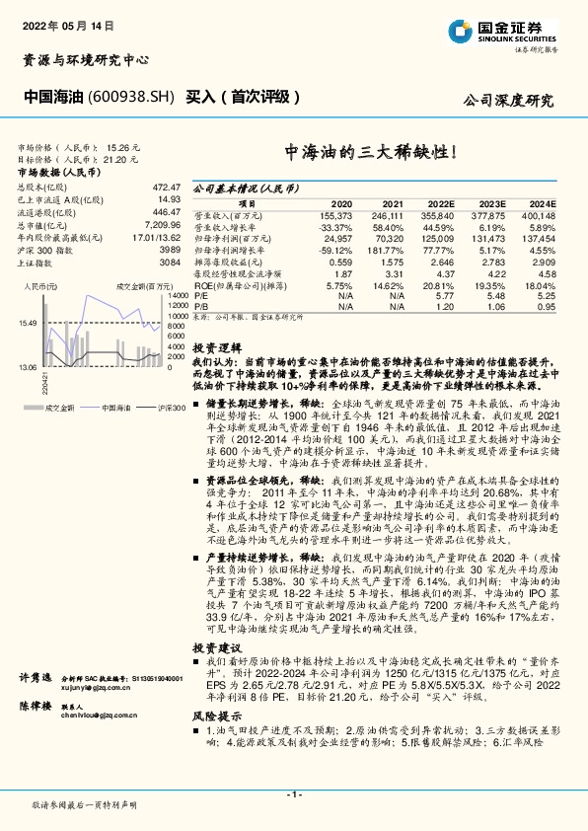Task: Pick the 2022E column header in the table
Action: click(x=439, y=202)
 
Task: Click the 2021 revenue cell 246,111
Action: click(x=386, y=214)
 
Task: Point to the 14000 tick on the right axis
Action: click(x=177, y=295)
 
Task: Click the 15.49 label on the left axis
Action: click(x=27, y=323)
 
